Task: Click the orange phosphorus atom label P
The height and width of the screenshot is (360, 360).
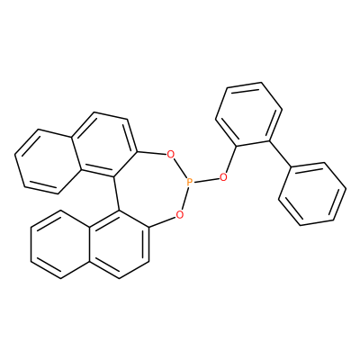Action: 189,182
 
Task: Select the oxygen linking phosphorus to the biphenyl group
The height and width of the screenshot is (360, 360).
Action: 223,177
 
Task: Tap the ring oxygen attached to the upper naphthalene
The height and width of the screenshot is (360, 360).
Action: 170,155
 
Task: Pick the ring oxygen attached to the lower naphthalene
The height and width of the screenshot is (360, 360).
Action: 179,214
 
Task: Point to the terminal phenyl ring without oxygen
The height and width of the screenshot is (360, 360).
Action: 312,194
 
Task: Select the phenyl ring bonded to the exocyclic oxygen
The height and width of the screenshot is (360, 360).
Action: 248,114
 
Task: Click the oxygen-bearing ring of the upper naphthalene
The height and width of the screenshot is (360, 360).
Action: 104,145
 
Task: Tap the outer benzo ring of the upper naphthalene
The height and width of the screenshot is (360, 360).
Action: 48,161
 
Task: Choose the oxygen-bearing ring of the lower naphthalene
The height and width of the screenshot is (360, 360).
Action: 120,244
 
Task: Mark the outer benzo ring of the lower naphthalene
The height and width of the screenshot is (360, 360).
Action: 60,244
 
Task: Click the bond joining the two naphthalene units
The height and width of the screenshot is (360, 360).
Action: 116,193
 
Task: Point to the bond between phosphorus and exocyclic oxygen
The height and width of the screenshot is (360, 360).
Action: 206,180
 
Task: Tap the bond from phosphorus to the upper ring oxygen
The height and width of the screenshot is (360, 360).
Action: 180,168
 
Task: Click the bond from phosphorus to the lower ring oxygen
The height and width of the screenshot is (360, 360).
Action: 184,198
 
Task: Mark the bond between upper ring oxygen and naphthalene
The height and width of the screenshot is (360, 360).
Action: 152,153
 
